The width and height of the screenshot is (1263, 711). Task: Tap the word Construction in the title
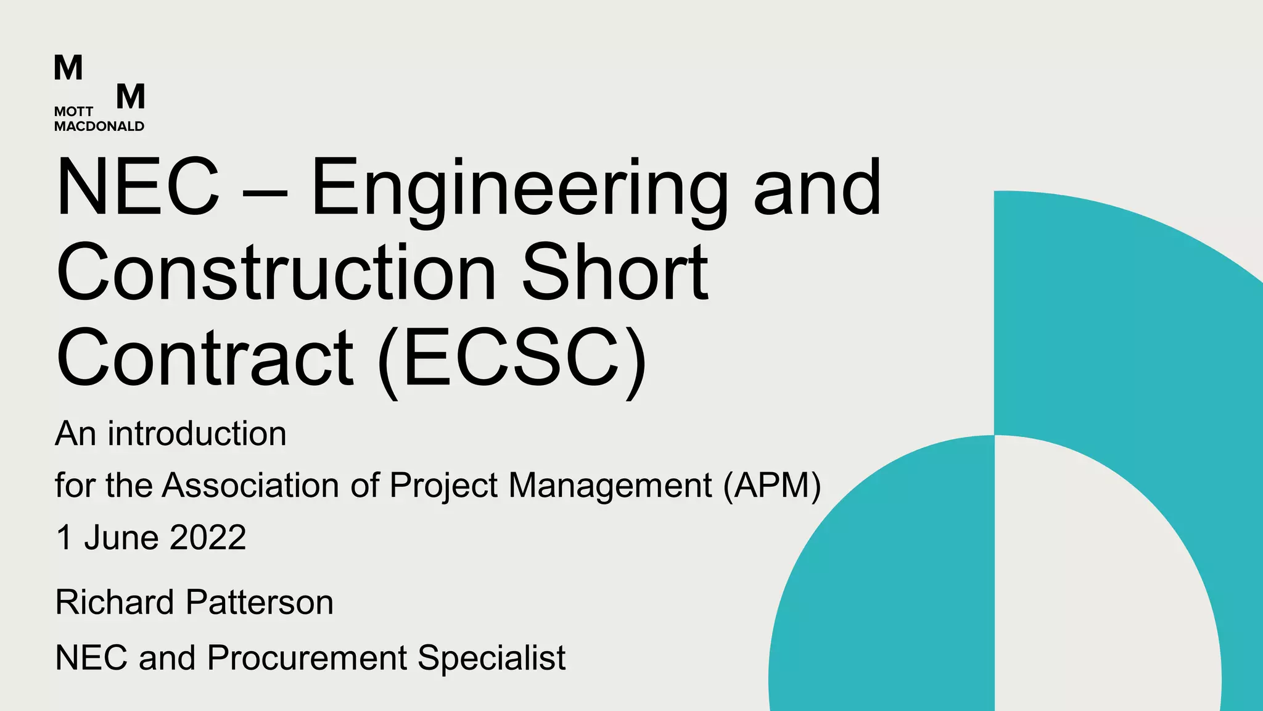[x=276, y=273]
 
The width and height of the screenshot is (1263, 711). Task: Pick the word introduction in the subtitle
[x=197, y=434]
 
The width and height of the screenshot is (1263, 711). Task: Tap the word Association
[x=250, y=485]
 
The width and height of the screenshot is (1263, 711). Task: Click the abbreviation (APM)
[x=773, y=485]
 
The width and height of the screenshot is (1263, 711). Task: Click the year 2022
[x=208, y=537]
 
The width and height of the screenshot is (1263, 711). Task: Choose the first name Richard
[x=115, y=602]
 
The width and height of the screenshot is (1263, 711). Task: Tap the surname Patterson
[x=259, y=602]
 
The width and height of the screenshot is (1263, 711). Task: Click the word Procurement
[x=306, y=657]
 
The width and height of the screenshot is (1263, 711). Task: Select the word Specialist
[x=492, y=657]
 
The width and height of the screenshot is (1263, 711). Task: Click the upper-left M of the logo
[x=68, y=68]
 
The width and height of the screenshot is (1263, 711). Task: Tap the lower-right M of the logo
[x=131, y=97]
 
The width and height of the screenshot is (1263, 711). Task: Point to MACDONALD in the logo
[x=99, y=127]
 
